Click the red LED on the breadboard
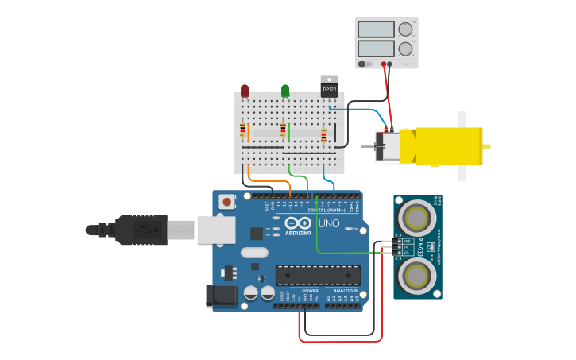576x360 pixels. [245, 91]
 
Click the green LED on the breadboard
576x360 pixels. [285, 91]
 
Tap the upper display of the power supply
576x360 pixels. [376, 29]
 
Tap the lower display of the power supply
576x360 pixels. [376, 48]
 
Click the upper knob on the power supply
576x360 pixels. [405, 29]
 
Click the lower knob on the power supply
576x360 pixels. [405, 48]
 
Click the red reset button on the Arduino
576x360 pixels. [228, 202]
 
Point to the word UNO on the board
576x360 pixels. [329, 224]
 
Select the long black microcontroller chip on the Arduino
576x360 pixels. [317, 275]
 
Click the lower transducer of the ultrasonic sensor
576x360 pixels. [417, 276]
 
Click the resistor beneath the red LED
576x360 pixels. [242, 130]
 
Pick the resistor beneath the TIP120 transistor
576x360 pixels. [323, 136]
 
